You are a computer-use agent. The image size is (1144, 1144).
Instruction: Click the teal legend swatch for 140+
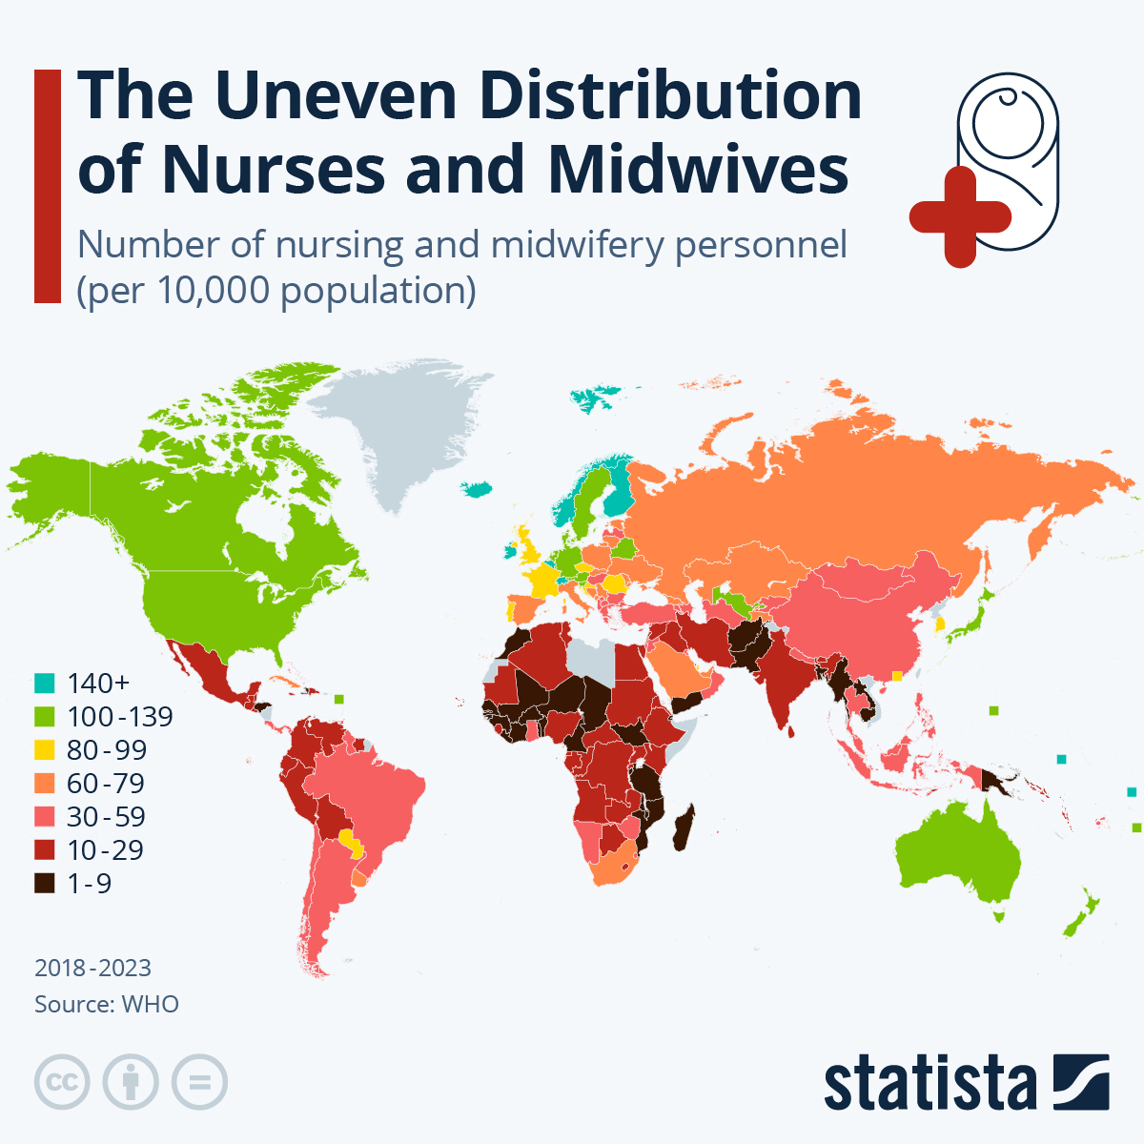tap(44, 684)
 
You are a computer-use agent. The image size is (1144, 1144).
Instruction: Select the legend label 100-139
tap(119, 717)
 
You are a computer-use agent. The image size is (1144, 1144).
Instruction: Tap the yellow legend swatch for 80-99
tap(44, 750)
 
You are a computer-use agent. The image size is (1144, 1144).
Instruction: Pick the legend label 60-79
tap(105, 784)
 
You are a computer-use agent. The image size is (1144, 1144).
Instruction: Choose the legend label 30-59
tap(105, 817)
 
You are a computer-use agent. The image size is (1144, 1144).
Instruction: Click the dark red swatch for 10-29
tap(44, 850)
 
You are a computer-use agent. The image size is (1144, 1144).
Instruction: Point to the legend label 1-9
tap(89, 884)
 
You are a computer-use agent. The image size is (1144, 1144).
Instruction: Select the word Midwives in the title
tap(698, 170)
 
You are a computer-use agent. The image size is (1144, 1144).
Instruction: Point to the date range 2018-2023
tap(92, 968)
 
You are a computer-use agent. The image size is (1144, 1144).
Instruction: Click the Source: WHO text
tap(106, 1004)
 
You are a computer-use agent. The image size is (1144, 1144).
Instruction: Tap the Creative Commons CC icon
tap(62, 1082)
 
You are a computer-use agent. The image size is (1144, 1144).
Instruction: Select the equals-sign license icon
tap(200, 1082)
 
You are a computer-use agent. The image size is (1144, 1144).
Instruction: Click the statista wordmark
tap(929, 1083)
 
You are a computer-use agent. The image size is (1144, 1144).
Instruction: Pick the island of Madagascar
tap(683, 827)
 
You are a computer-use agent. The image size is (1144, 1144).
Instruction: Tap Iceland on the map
tap(476, 489)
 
